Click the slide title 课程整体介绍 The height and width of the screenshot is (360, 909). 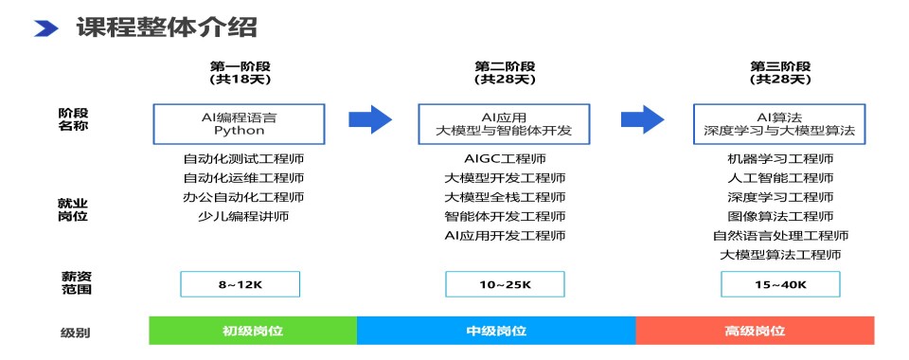pyautogui.click(x=167, y=27)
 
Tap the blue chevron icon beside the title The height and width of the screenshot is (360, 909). pyautogui.click(x=46, y=28)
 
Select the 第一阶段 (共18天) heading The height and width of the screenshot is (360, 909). pyautogui.click(x=240, y=73)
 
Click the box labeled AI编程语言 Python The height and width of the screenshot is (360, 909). pyautogui.click(x=239, y=124)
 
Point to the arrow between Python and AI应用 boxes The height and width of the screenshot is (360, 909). pyautogui.click(x=370, y=119)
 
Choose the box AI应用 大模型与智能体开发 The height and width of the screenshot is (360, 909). pyautogui.click(x=504, y=124)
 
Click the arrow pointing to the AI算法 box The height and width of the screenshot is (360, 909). pyautogui.click(x=643, y=119)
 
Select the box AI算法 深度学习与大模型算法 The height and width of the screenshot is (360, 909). pyautogui.click(x=779, y=124)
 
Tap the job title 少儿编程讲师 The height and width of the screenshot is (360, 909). pyautogui.click(x=243, y=217)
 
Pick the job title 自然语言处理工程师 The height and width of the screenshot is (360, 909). pyautogui.click(x=780, y=236)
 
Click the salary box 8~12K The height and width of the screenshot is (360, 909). pyautogui.click(x=240, y=284)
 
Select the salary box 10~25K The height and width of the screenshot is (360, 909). pyautogui.click(x=505, y=284)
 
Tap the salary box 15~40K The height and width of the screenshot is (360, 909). pyautogui.click(x=780, y=284)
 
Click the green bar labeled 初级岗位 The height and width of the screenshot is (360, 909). pyautogui.click(x=253, y=331)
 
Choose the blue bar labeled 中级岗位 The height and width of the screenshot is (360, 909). pyautogui.click(x=496, y=331)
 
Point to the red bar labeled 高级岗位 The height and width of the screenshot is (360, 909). pyautogui.click(x=755, y=331)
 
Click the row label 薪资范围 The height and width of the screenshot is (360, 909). pyautogui.click(x=77, y=282)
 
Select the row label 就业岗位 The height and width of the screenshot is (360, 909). pyautogui.click(x=73, y=210)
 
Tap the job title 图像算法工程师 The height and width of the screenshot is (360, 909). pyautogui.click(x=780, y=217)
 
